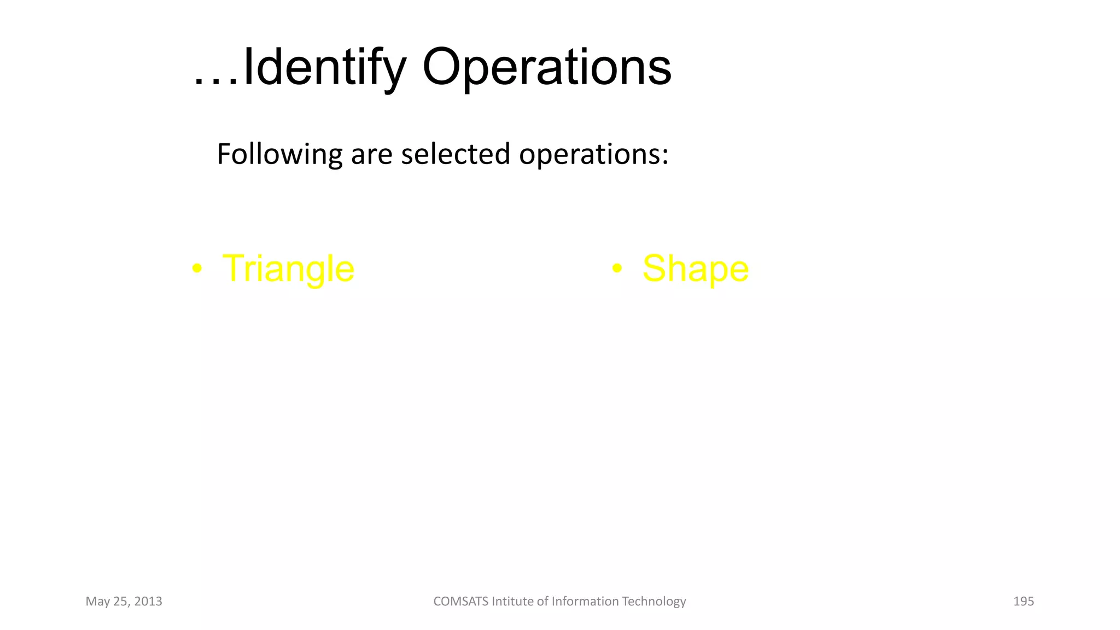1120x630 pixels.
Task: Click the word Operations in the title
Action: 546,68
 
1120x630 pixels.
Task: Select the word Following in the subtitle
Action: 279,155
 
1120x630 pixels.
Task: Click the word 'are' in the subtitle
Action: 371,155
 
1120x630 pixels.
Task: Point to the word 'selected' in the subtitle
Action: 456,154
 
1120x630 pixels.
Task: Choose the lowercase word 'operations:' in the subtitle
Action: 593,155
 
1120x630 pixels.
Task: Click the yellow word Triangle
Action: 288,269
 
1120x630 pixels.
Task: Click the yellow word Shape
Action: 695,269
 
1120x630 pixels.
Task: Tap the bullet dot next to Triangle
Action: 197,269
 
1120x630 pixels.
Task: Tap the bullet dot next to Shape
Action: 617,269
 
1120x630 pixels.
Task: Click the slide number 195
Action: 1023,602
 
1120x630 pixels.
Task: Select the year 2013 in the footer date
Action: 148,602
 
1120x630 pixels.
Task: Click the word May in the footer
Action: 97,602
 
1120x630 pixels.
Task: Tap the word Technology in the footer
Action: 654,602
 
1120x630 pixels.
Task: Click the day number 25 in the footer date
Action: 120,602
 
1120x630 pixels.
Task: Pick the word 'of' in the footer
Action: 542,602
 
